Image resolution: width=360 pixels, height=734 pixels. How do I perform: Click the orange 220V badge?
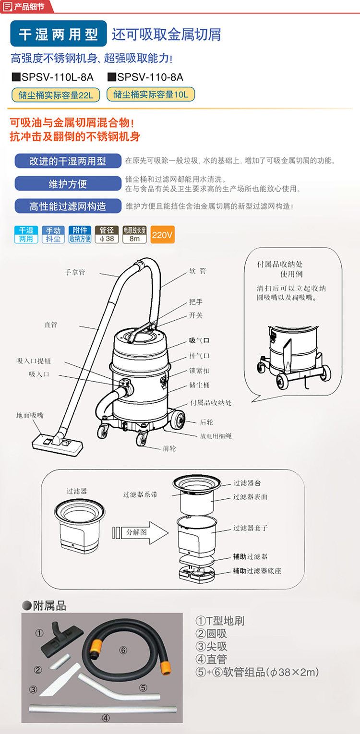point(162,235)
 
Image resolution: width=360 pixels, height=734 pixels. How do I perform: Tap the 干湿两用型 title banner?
point(59,34)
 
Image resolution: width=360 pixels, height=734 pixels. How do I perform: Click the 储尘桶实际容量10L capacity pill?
point(151,95)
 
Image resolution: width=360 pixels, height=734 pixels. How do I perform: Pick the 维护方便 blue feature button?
point(68,183)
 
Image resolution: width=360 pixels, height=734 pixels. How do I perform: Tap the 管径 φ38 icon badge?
point(107,235)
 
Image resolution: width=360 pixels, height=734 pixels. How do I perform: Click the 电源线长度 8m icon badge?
point(134,235)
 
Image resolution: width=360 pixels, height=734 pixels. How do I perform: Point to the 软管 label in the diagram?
point(198,271)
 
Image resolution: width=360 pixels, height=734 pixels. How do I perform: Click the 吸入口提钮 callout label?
point(34,361)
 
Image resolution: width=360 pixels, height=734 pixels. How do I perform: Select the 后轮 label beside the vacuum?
point(206,422)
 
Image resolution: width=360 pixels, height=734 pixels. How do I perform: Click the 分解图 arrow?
point(140,532)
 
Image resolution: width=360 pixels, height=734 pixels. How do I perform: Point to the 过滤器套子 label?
point(250,528)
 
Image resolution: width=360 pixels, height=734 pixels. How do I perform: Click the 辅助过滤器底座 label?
point(257,571)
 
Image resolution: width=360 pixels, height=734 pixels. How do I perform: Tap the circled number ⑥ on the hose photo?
point(123,650)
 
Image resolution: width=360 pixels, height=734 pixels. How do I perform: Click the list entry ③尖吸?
point(211,647)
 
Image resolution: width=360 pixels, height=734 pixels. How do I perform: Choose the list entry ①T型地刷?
point(220,621)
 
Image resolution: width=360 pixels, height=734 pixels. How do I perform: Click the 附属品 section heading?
point(44,606)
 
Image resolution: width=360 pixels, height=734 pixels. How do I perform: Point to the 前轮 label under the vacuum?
point(169,448)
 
